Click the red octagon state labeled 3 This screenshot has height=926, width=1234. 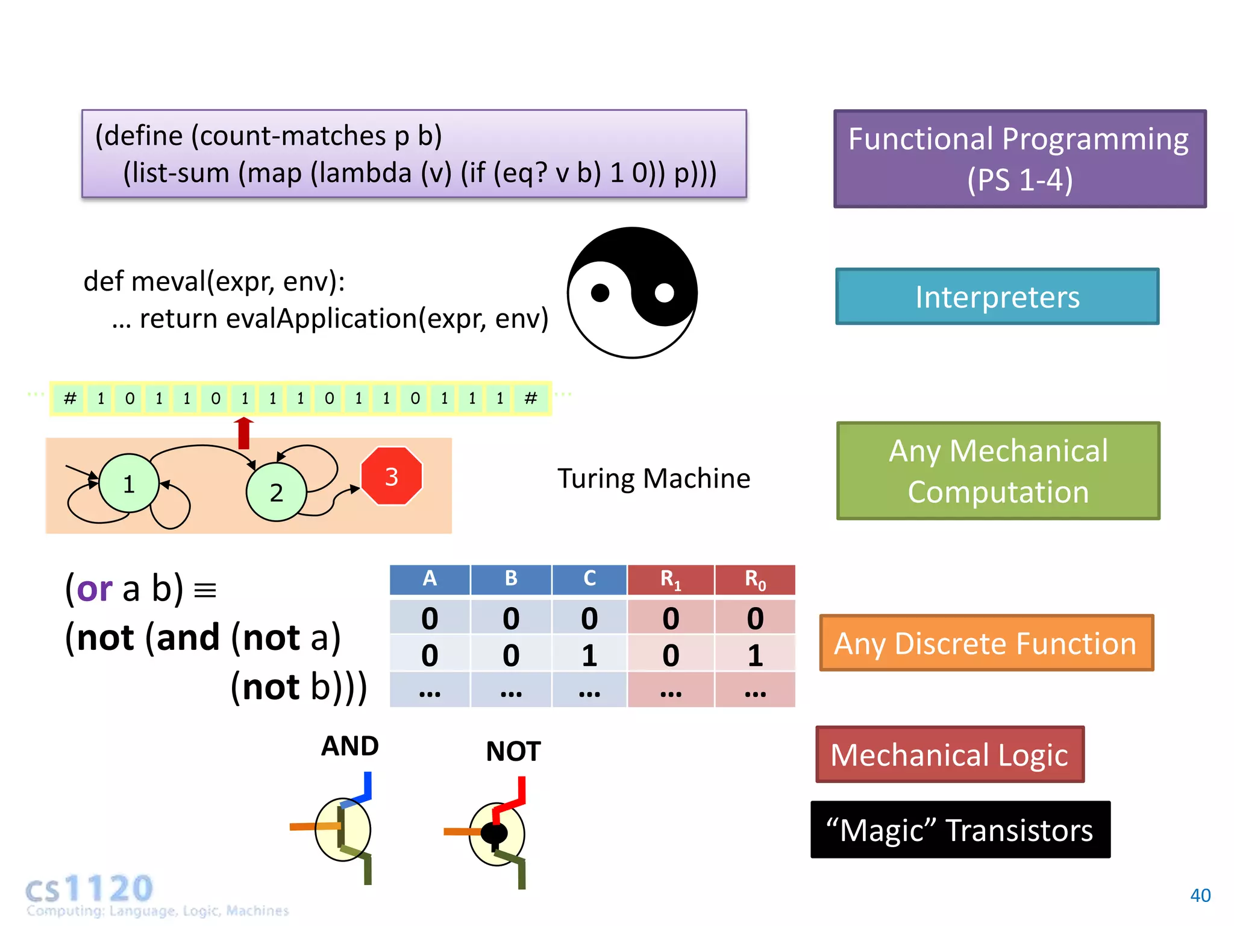tap(392, 476)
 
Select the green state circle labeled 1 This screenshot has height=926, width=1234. tap(128, 483)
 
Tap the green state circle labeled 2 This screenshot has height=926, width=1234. tap(276, 492)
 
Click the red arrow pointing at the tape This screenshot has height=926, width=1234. tap(243, 433)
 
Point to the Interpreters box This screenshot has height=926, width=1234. tap(997, 297)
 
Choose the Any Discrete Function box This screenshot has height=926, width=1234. tap(986, 643)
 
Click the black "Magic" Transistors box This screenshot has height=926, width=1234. tap(960, 830)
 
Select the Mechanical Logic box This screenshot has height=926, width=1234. tap(950, 755)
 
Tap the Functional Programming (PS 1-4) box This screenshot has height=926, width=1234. tap(1019, 159)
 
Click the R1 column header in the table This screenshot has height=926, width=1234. tap(671, 579)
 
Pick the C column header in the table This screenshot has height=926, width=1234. tap(589, 579)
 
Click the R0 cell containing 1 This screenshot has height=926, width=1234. tap(755, 655)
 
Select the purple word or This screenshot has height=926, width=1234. tap(95, 589)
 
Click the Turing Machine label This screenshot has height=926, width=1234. tap(654, 479)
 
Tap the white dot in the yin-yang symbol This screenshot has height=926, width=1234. tap(664, 293)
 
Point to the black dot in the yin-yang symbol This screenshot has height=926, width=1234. tap(600, 293)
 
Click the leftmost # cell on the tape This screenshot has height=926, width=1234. tap(70, 398)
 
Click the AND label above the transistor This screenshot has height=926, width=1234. tap(349, 746)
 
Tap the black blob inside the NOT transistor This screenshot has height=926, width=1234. tap(495, 834)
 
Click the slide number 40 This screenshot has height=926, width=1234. tap(1200, 895)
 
